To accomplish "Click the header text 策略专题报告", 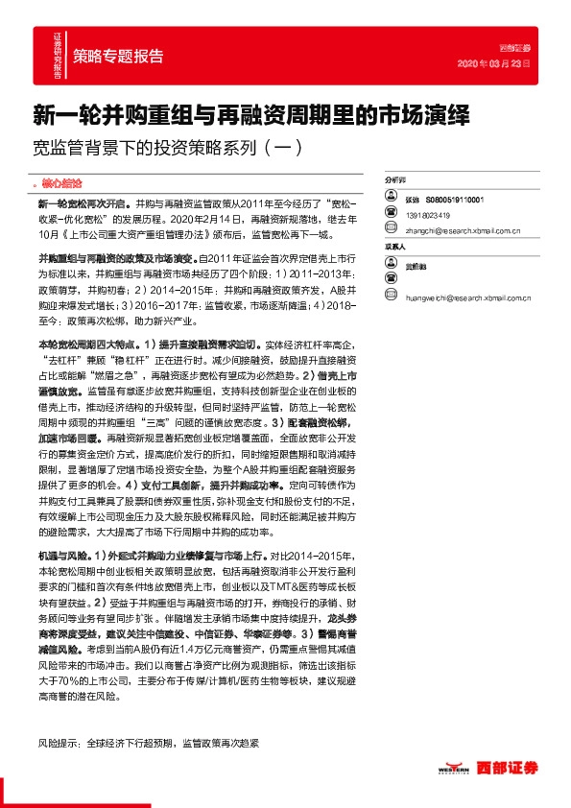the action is pyautogui.click(x=118, y=55).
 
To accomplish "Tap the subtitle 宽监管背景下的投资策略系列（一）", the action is pyautogui.click(x=167, y=148).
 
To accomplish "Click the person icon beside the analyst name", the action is pyautogui.click(x=391, y=199).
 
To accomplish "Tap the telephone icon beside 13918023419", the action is pyautogui.click(x=391, y=215).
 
